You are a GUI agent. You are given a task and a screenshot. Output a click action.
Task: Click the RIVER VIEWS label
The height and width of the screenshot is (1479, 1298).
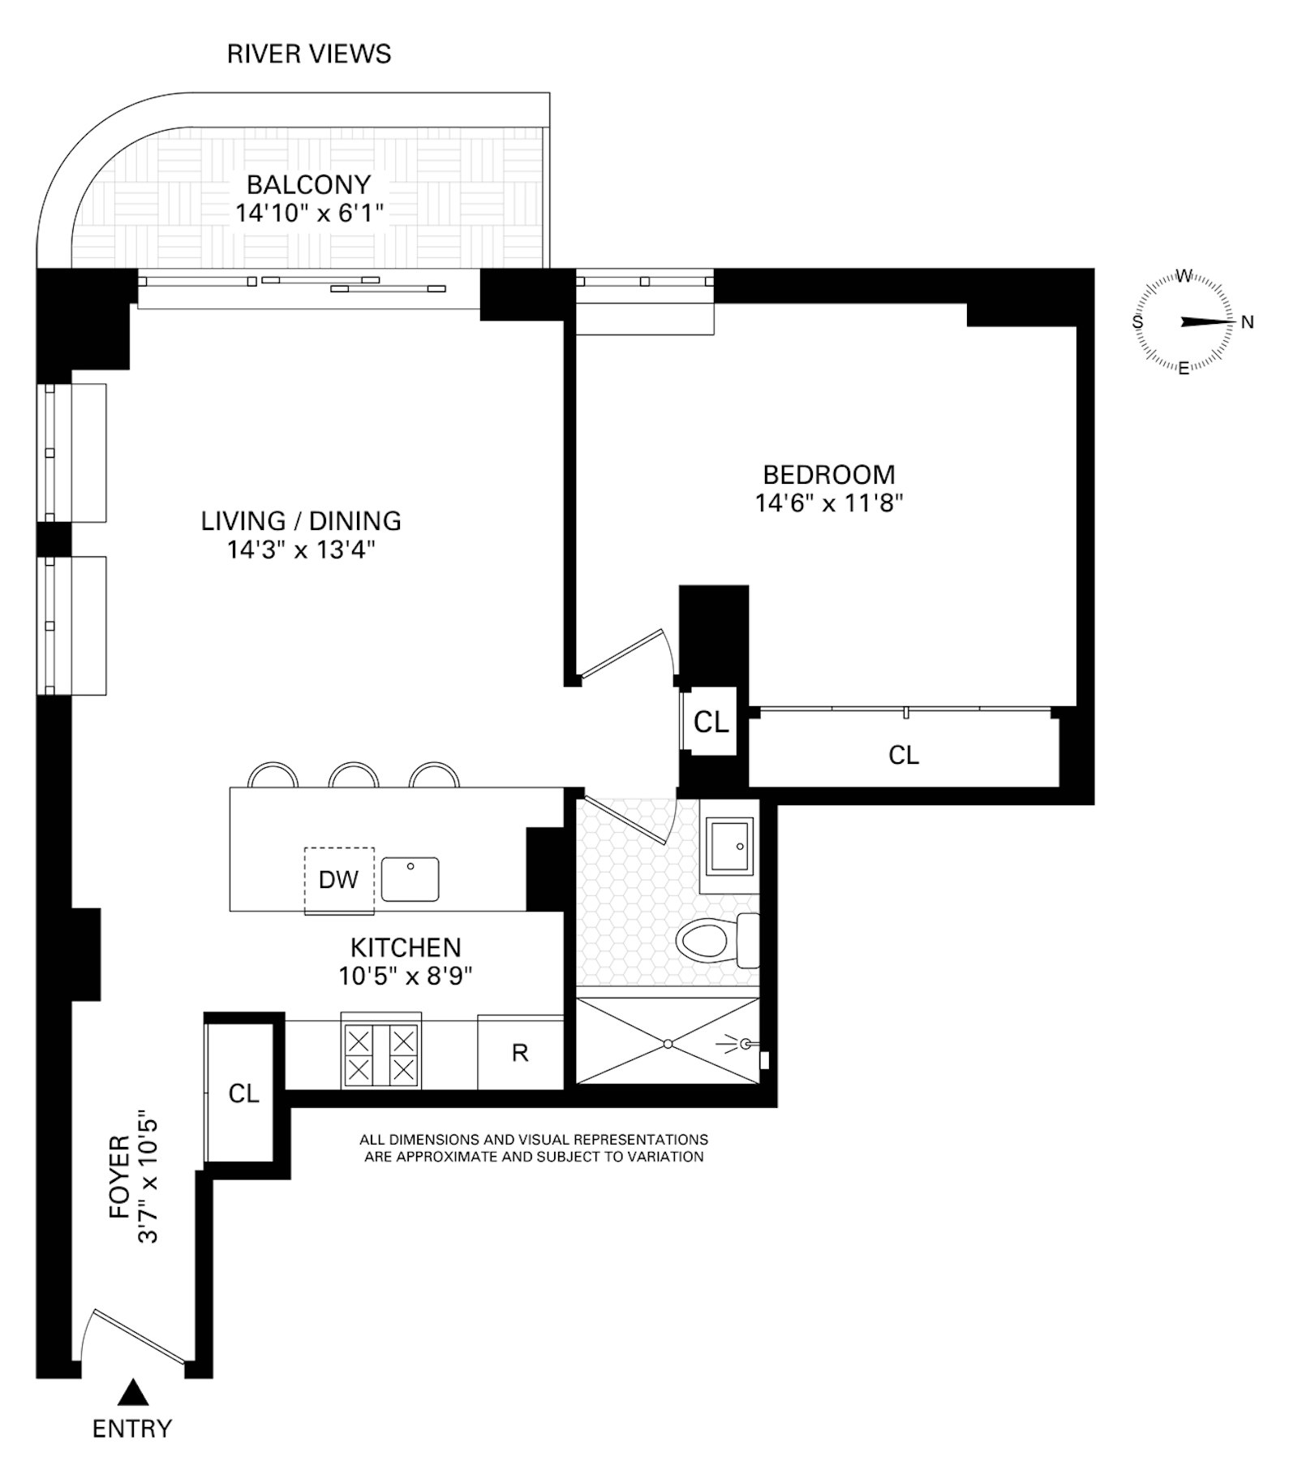coord(309,54)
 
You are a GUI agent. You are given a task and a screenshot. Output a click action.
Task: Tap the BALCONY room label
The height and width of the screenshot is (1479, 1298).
coord(309,185)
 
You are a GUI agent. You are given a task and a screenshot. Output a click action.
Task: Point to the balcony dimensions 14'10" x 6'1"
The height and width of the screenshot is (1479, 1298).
coord(309,213)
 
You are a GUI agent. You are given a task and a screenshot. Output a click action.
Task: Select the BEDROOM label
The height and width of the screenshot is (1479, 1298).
coord(829,474)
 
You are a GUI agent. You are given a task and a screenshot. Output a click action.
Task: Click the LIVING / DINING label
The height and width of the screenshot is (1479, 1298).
coord(301,520)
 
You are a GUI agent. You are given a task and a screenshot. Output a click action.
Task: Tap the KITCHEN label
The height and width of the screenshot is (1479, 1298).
coord(406,947)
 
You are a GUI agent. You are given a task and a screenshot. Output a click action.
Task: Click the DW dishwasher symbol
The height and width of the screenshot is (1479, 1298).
coord(339,880)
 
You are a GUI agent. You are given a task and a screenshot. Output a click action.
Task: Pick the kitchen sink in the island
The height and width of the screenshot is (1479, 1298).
coord(410,879)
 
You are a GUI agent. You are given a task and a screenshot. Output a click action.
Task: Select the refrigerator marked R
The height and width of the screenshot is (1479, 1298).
coord(520,1053)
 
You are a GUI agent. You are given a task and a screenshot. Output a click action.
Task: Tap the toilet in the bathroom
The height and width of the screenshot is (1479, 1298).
coord(718,941)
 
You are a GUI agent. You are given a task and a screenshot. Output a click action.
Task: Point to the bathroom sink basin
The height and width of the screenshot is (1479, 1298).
coord(730,846)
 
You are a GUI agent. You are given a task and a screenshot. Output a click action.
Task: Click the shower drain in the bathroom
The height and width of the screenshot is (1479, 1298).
coord(668,1043)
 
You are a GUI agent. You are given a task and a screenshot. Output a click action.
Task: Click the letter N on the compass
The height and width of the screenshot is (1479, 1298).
coord(1248,322)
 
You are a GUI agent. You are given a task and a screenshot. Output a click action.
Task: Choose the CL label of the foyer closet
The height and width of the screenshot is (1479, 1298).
coord(243,1093)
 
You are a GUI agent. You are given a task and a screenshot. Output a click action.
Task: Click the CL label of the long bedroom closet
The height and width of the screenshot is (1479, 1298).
coord(904,755)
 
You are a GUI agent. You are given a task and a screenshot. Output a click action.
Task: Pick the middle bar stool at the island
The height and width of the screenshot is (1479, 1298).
coord(354,775)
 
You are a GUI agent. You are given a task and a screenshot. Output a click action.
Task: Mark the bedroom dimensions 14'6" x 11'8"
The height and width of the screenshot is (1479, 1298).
coord(829,503)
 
